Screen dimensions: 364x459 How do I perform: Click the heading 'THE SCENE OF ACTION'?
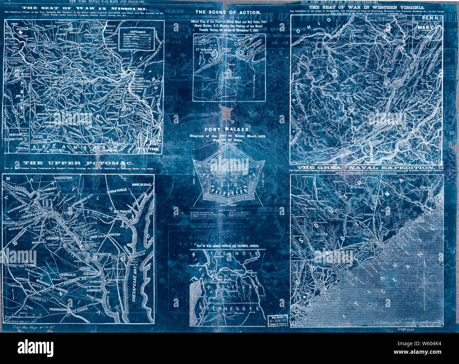[x=228, y=12]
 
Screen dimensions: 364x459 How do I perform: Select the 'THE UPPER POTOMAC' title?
[x=78, y=163]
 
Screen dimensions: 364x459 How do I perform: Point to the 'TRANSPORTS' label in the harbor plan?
[x=232, y=78]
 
